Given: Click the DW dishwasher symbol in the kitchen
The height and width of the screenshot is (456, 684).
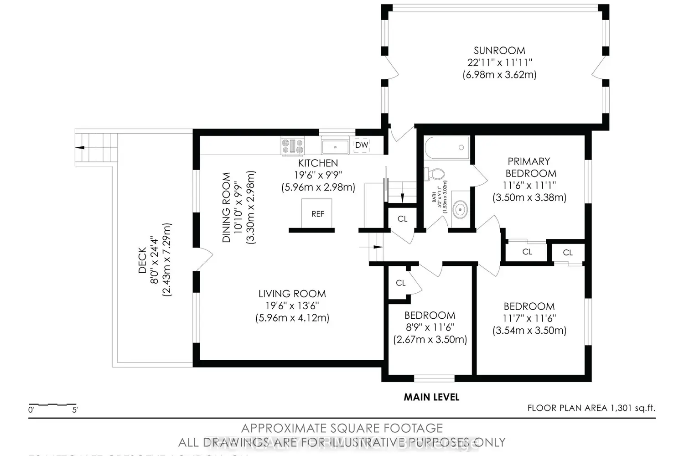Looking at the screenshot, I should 362,145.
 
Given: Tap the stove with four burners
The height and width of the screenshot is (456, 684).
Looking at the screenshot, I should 293,146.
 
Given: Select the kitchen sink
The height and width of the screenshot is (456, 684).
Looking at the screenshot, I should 335,147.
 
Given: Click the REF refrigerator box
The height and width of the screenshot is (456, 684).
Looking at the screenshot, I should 317,213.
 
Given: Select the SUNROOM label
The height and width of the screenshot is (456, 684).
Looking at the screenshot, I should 499,51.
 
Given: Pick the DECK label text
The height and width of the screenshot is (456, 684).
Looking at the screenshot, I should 142,260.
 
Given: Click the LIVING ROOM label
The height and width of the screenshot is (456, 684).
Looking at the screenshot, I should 292,294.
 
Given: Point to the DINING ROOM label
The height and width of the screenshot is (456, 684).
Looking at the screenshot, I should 227,207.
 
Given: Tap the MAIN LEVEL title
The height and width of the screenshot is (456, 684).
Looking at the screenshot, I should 431,397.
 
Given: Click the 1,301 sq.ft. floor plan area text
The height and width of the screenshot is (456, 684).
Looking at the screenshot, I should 591,408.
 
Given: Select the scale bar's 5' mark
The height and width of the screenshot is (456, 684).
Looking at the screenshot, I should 74,409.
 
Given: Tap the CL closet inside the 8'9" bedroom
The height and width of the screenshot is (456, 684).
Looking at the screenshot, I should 401,283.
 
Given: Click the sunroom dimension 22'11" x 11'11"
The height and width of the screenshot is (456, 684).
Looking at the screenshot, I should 499,62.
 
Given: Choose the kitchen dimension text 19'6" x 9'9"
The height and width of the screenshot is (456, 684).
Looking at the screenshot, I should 318,175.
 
